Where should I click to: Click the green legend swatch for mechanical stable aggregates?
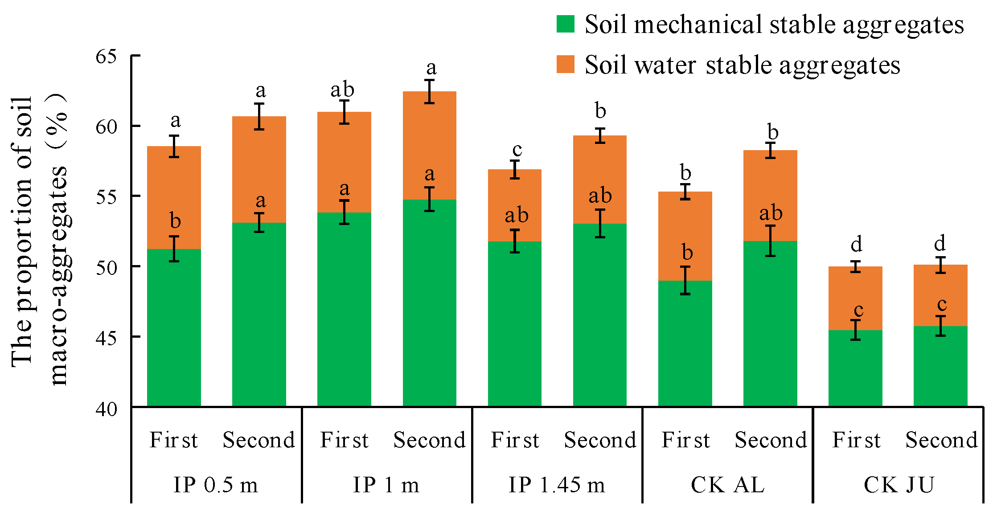point(565,24)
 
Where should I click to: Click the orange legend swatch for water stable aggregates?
point(565,64)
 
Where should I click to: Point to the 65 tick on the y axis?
point(106,57)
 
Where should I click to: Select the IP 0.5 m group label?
point(216,485)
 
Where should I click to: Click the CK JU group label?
point(899,485)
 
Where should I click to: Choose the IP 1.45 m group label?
point(557,485)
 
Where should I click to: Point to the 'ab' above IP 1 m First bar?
point(342,90)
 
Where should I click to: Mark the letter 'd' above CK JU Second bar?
point(940,243)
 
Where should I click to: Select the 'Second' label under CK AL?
point(771,440)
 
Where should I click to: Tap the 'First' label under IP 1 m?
point(344,440)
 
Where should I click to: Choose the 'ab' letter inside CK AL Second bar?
point(771,213)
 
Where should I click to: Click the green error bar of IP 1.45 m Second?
point(600,223)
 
